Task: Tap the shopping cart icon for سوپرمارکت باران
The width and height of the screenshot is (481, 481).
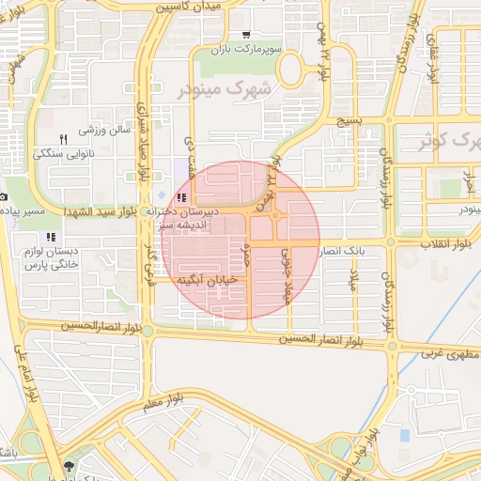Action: click(246, 34)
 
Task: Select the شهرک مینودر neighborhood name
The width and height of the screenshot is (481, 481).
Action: click(228, 90)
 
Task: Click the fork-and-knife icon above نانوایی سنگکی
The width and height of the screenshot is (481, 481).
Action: click(63, 138)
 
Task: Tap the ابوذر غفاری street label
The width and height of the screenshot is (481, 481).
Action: click(433, 60)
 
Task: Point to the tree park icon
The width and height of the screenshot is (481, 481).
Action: click(68, 466)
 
